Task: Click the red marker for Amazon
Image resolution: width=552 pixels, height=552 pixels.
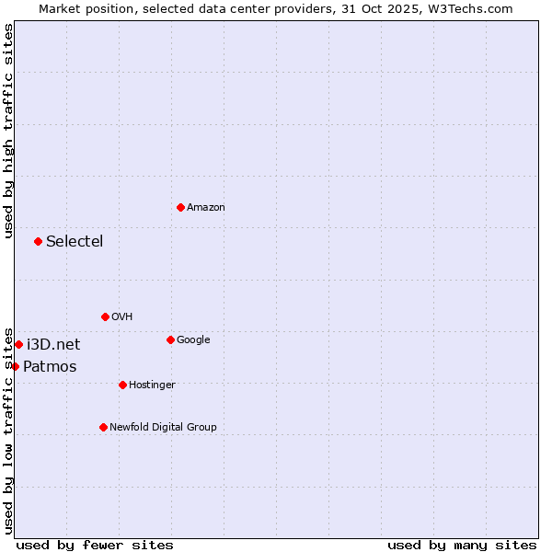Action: tap(180, 207)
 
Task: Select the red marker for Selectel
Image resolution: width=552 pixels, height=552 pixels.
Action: tap(38, 241)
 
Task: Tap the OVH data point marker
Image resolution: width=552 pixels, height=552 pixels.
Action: tap(105, 316)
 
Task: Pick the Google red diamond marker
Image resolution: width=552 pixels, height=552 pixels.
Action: tap(170, 339)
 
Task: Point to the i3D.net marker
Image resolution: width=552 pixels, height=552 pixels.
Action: tap(18, 344)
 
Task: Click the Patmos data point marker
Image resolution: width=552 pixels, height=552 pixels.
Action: tap(15, 366)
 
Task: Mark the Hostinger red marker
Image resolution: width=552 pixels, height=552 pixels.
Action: tap(122, 385)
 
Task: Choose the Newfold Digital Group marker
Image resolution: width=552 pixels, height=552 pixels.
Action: tap(103, 427)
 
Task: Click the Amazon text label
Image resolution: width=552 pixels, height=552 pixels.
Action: tap(206, 208)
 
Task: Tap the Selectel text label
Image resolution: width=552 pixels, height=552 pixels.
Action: tap(75, 242)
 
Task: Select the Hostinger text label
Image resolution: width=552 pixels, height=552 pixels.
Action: tap(152, 385)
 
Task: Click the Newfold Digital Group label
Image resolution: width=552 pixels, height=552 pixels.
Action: tap(163, 428)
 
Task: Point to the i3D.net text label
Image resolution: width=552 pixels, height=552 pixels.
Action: tap(53, 345)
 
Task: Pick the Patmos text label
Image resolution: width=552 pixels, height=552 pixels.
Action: tap(50, 367)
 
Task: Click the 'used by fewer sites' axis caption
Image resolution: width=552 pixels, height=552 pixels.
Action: tap(95, 545)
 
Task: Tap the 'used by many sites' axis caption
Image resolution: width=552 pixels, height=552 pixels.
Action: tap(462, 545)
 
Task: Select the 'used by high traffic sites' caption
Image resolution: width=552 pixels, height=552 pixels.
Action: tap(8, 131)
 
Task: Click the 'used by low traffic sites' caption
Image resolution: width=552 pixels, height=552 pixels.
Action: tap(8, 430)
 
